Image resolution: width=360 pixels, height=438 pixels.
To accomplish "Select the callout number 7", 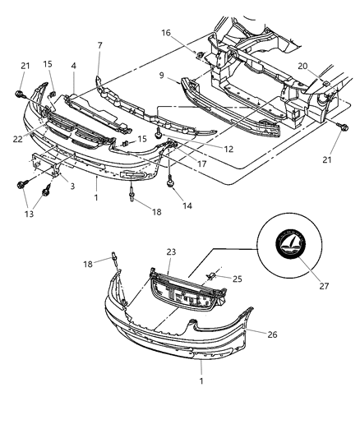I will (99, 45).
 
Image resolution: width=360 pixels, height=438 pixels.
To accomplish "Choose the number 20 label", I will (302, 67).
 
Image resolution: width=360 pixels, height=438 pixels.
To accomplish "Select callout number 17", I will (201, 164).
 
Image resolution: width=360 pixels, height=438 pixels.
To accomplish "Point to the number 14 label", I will (188, 205).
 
